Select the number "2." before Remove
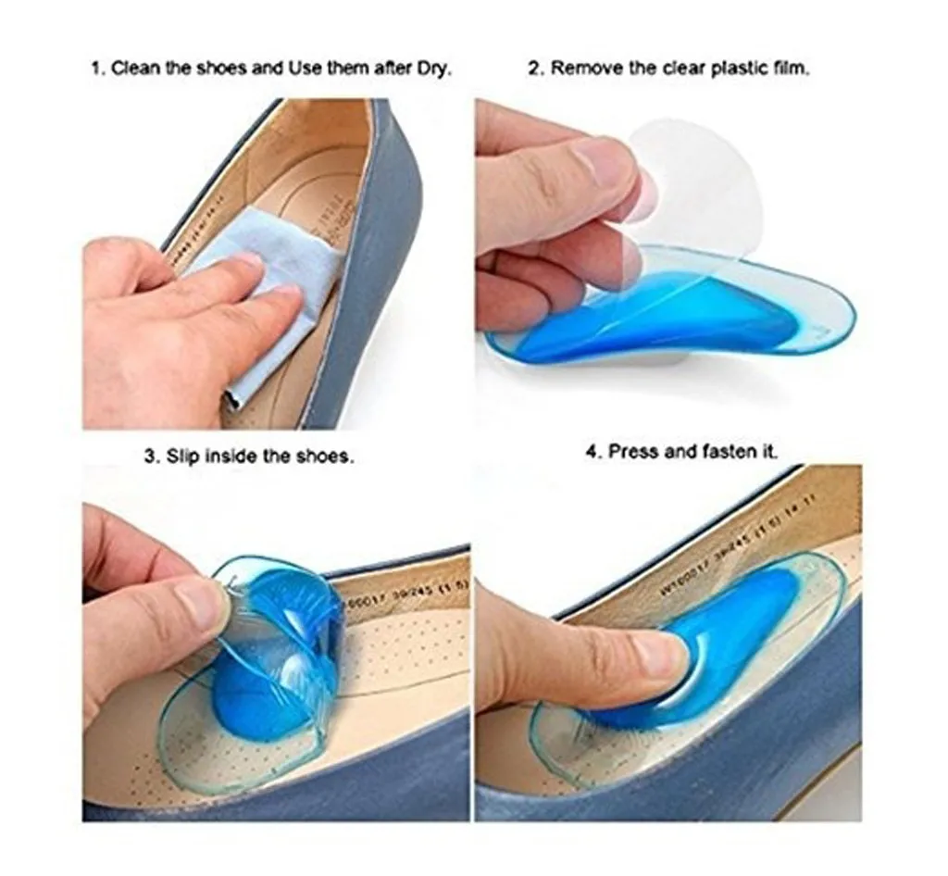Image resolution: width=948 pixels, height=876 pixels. tap(534, 69)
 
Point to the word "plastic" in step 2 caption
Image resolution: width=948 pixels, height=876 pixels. tap(741, 69)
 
